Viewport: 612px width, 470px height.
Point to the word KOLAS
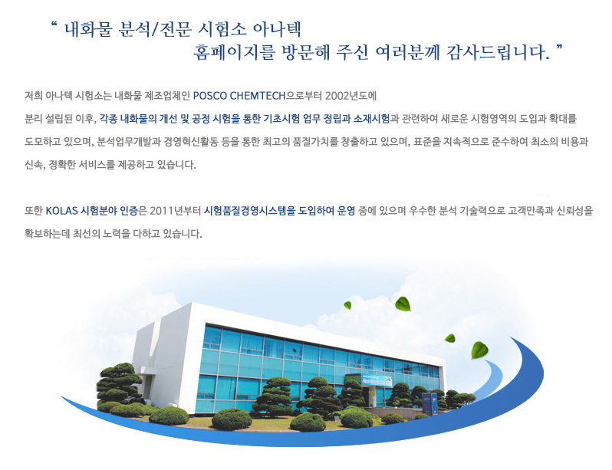[61, 211]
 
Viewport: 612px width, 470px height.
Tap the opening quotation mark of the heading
[54, 25]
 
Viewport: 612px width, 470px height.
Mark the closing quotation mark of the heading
[559, 48]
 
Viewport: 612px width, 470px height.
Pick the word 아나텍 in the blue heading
[277, 29]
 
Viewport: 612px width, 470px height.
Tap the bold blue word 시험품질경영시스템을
[250, 211]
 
